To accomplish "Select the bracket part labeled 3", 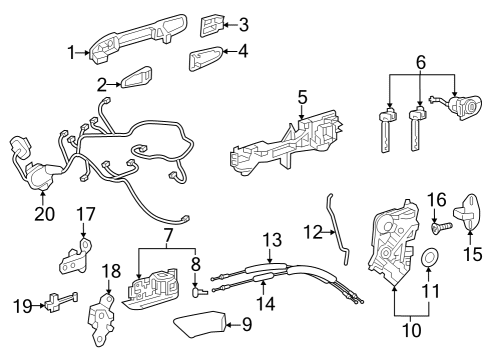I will point(215,24).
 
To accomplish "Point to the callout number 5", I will point(301,98).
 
